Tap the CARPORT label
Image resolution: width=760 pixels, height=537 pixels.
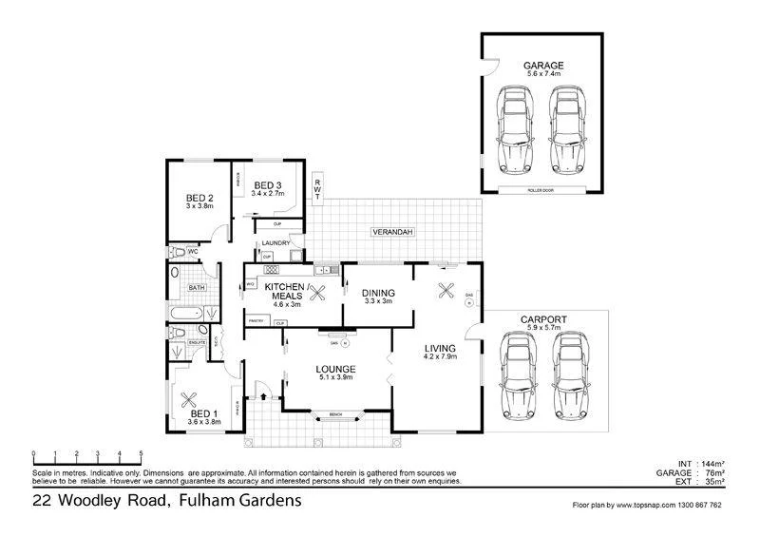coord(544,319)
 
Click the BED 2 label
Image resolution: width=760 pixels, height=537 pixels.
coord(199,199)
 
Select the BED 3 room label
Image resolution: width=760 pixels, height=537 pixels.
coord(268,185)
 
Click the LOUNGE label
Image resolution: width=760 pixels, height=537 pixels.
coord(337,369)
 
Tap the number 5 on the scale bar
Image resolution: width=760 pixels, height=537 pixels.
coord(142,453)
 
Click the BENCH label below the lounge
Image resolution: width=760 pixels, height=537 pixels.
coord(335,414)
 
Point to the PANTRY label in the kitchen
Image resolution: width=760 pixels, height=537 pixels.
coord(256,322)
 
